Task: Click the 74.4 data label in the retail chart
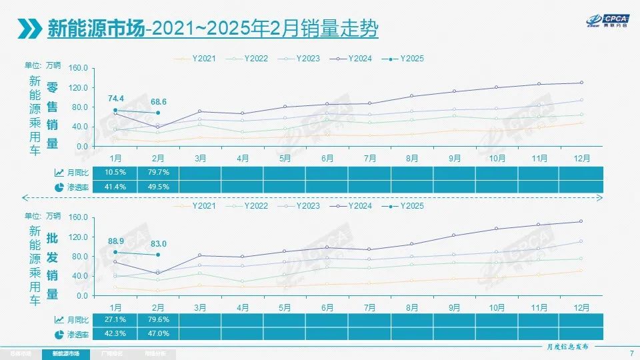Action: click(115, 99)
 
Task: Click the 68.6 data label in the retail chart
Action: click(158, 101)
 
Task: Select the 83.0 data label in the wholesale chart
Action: click(158, 244)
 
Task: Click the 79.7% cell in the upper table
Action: click(158, 173)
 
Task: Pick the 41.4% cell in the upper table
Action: click(115, 187)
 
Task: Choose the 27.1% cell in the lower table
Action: click(115, 320)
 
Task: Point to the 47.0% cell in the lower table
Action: click(158, 334)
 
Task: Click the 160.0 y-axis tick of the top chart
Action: click(79, 68)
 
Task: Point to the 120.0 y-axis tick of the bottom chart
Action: click(79, 237)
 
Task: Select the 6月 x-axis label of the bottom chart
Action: click(327, 307)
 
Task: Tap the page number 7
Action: click(631, 353)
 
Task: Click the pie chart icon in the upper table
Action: click(59, 187)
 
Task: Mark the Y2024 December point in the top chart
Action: click(581, 83)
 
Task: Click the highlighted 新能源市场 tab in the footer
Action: click(65, 353)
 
